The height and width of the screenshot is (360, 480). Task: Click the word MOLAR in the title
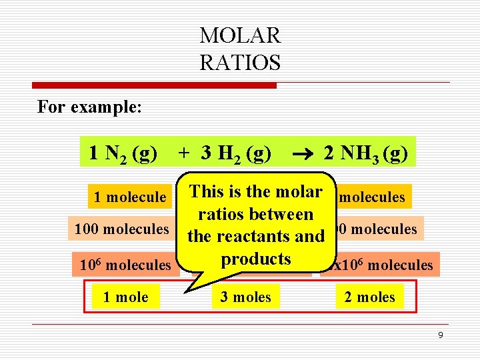point(240,35)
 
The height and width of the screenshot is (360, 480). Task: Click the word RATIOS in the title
point(240,62)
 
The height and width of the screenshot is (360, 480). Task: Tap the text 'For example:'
point(89,107)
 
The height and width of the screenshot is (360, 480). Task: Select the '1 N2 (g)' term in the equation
point(123,153)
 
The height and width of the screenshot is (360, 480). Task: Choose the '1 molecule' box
point(129,197)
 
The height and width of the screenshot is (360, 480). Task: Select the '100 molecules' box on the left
point(122,229)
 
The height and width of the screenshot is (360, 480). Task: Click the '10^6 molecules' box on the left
point(125,265)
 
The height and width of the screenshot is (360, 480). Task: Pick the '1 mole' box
point(125,297)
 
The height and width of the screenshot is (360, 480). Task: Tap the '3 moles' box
point(246,297)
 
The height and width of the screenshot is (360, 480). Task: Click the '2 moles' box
point(370,297)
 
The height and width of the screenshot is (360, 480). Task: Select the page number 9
point(440,335)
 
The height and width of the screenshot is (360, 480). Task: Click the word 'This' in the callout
point(207,191)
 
